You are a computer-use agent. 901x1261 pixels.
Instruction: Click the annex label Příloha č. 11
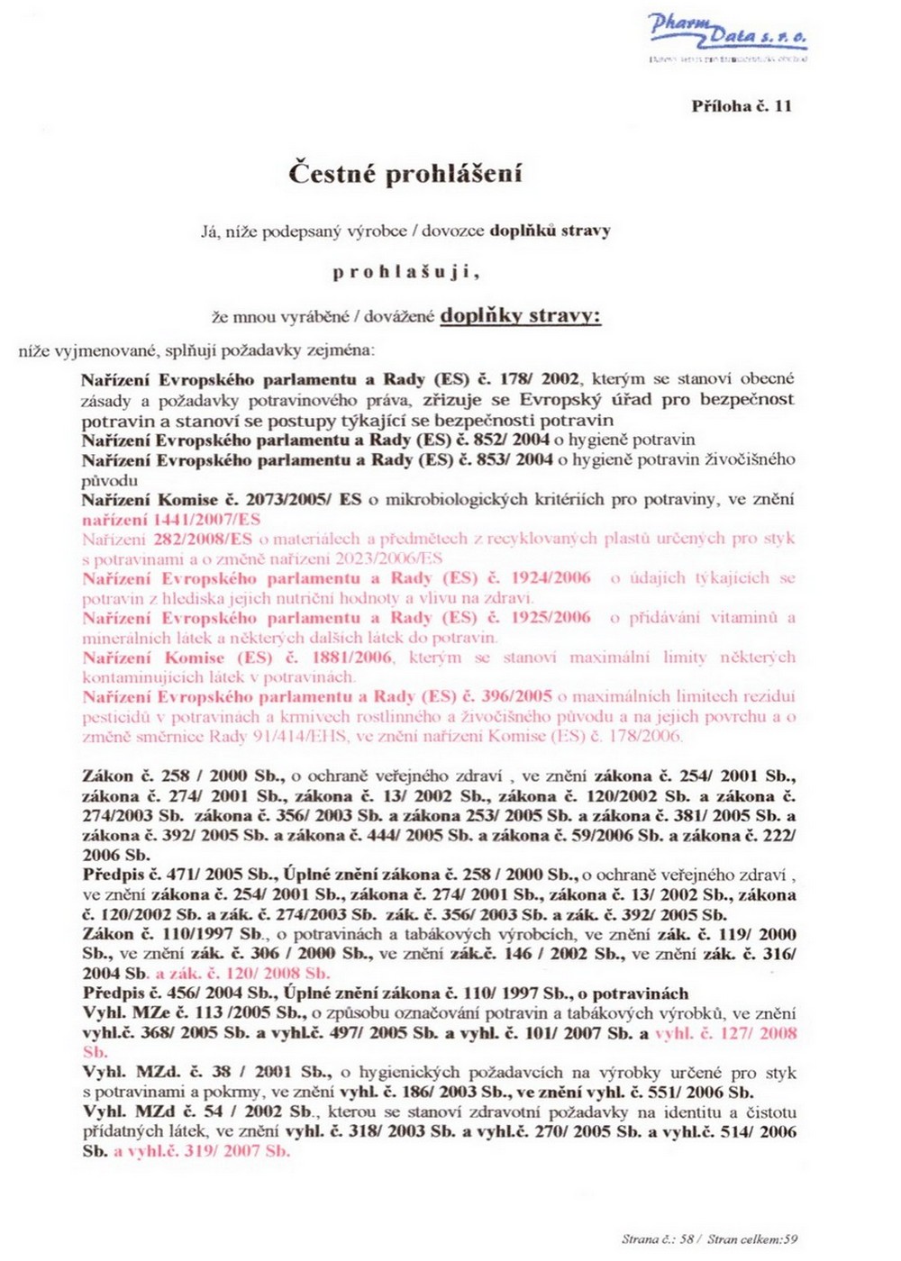(742, 106)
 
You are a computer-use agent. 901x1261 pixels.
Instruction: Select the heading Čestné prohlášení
(405, 173)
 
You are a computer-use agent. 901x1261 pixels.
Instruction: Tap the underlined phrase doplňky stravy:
(520, 316)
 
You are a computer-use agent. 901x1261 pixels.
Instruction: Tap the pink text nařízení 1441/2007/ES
(171, 520)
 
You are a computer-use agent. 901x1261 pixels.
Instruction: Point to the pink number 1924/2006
(551, 578)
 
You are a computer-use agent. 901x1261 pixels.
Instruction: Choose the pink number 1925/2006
(551, 618)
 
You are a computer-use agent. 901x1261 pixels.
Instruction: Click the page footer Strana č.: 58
(658, 1239)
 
